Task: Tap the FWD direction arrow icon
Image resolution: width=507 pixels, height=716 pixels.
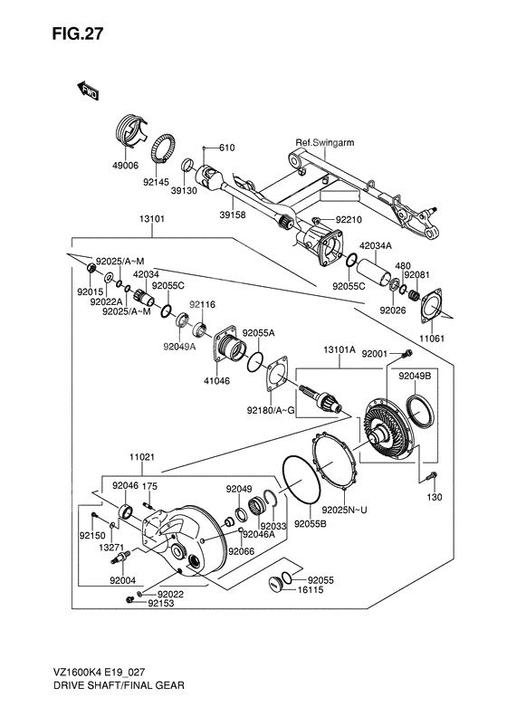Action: pyautogui.click(x=88, y=90)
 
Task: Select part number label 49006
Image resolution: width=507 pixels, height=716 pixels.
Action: pyautogui.click(x=125, y=166)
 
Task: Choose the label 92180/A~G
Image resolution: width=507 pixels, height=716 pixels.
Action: pyautogui.click(x=271, y=410)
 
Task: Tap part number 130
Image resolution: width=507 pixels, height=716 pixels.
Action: pyautogui.click(x=434, y=497)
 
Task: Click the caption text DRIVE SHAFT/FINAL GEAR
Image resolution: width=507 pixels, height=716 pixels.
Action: pyautogui.click(x=99, y=687)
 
